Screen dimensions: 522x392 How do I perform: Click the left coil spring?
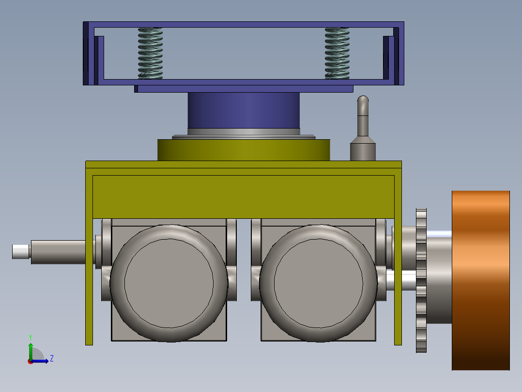tap(151, 53)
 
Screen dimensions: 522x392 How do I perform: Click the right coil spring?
tap(337, 53)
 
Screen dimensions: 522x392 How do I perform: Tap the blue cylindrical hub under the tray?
tap(244, 111)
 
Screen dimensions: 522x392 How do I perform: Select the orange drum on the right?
tap(481, 280)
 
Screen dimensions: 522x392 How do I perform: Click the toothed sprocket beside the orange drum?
tap(421, 280)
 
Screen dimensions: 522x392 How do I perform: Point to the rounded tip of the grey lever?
tap(363, 99)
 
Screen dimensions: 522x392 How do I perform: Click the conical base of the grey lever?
tap(363, 148)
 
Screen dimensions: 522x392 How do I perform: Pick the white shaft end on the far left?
tap(21, 251)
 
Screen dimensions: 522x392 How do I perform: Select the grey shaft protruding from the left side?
tap(58, 252)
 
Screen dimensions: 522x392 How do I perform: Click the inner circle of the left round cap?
tap(169, 283)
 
